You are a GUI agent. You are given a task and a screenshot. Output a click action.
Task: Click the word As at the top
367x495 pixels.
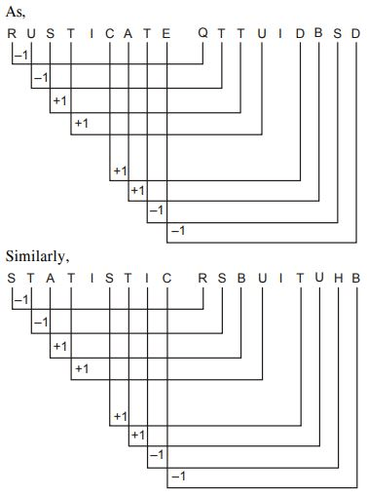(15, 12)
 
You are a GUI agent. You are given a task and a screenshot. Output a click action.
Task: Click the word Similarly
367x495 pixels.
(37, 256)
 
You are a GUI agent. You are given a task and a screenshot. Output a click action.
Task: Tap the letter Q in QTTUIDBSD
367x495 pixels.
(202, 33)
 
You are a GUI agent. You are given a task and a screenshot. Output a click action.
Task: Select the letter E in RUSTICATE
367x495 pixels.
(166, 34)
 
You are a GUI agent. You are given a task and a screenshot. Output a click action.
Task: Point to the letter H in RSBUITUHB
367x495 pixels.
(338, 279)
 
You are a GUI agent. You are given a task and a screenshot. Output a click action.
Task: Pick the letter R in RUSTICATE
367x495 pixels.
(12, 34)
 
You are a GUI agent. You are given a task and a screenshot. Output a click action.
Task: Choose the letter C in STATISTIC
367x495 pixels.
(166, 279)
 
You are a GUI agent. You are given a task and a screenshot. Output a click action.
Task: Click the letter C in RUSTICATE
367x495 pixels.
(110, 34)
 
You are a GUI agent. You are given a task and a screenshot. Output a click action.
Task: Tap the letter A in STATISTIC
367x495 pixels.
(50, 279)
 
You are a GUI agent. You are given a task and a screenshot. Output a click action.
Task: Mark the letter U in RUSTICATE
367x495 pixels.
(31, 34)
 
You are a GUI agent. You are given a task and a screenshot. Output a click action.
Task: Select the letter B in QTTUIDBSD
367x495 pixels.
(318, 33)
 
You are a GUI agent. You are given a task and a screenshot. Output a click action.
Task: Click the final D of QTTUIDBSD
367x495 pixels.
(356, 34)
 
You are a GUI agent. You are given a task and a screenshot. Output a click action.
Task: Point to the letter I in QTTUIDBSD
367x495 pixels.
(280, 34)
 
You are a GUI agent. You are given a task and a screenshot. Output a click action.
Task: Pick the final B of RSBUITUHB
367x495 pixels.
(356, 279)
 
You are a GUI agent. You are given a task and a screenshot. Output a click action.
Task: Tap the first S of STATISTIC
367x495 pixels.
(12, 279)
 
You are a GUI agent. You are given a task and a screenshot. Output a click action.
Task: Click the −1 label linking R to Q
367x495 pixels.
(21, 56)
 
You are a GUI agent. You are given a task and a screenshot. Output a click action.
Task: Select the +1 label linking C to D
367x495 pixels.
(121, 171)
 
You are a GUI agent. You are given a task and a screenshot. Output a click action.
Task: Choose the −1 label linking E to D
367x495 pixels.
(178, 231)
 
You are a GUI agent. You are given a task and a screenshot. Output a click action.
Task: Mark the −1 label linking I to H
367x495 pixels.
(157, 455)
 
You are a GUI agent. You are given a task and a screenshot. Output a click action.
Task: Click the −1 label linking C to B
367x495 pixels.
(178, 476)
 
